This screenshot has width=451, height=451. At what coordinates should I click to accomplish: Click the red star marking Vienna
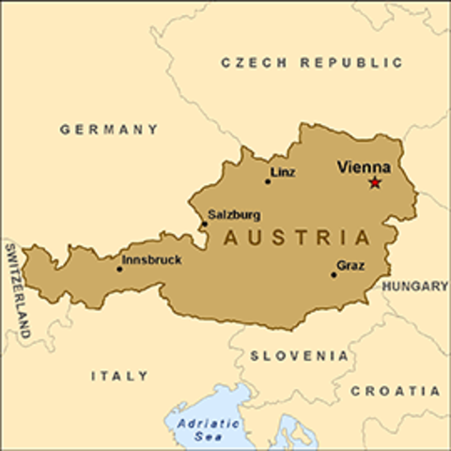(x=375, y=182)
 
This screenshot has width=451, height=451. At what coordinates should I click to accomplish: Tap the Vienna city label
(x=364, y=166)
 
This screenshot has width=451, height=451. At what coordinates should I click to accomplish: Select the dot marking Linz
(x=268, y=181)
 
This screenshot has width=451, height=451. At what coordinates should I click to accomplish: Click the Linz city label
(x=282, y=172)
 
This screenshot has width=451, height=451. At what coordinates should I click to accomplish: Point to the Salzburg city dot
(x=203, y=224)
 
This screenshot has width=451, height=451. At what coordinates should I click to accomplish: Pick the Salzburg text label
(x=235, y=214)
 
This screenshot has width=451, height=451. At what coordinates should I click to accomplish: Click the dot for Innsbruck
(x=119, y=269)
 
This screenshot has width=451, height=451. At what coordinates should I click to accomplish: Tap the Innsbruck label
(x=152, y=259)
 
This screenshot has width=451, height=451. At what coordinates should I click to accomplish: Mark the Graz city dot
(x=334, y=274)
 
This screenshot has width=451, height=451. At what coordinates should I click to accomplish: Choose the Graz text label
(x=350, y=266)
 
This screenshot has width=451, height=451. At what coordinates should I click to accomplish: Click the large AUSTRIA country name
(x=296, y=238)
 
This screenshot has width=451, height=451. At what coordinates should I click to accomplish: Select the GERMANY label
(x=109, y=130)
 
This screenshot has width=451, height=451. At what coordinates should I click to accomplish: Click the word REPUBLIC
(x=350, y=63)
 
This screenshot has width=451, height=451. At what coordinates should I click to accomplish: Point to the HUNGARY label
(x=415, y=287)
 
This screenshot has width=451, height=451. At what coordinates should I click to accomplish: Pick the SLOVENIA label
(x=300, y=356)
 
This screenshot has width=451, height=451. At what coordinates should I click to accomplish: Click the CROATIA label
(x=395, y=391)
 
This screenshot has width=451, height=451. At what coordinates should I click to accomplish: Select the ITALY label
(x=119, y=376)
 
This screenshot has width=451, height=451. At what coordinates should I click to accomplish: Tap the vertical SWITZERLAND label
(x=17, y=290)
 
